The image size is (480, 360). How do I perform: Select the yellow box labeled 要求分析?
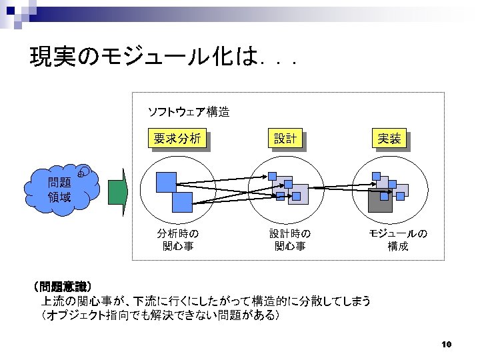tap(177, 139)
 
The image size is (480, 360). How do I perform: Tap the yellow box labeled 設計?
tap(285, 139)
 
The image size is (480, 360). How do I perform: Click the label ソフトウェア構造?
tap(188, 111)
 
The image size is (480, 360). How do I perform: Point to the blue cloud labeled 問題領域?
tap(59, 190)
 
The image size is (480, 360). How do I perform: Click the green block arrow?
tap(117, 191)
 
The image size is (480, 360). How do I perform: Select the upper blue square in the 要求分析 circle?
tap(166, 182)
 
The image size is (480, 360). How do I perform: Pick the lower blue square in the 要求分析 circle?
tap(181, 202)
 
